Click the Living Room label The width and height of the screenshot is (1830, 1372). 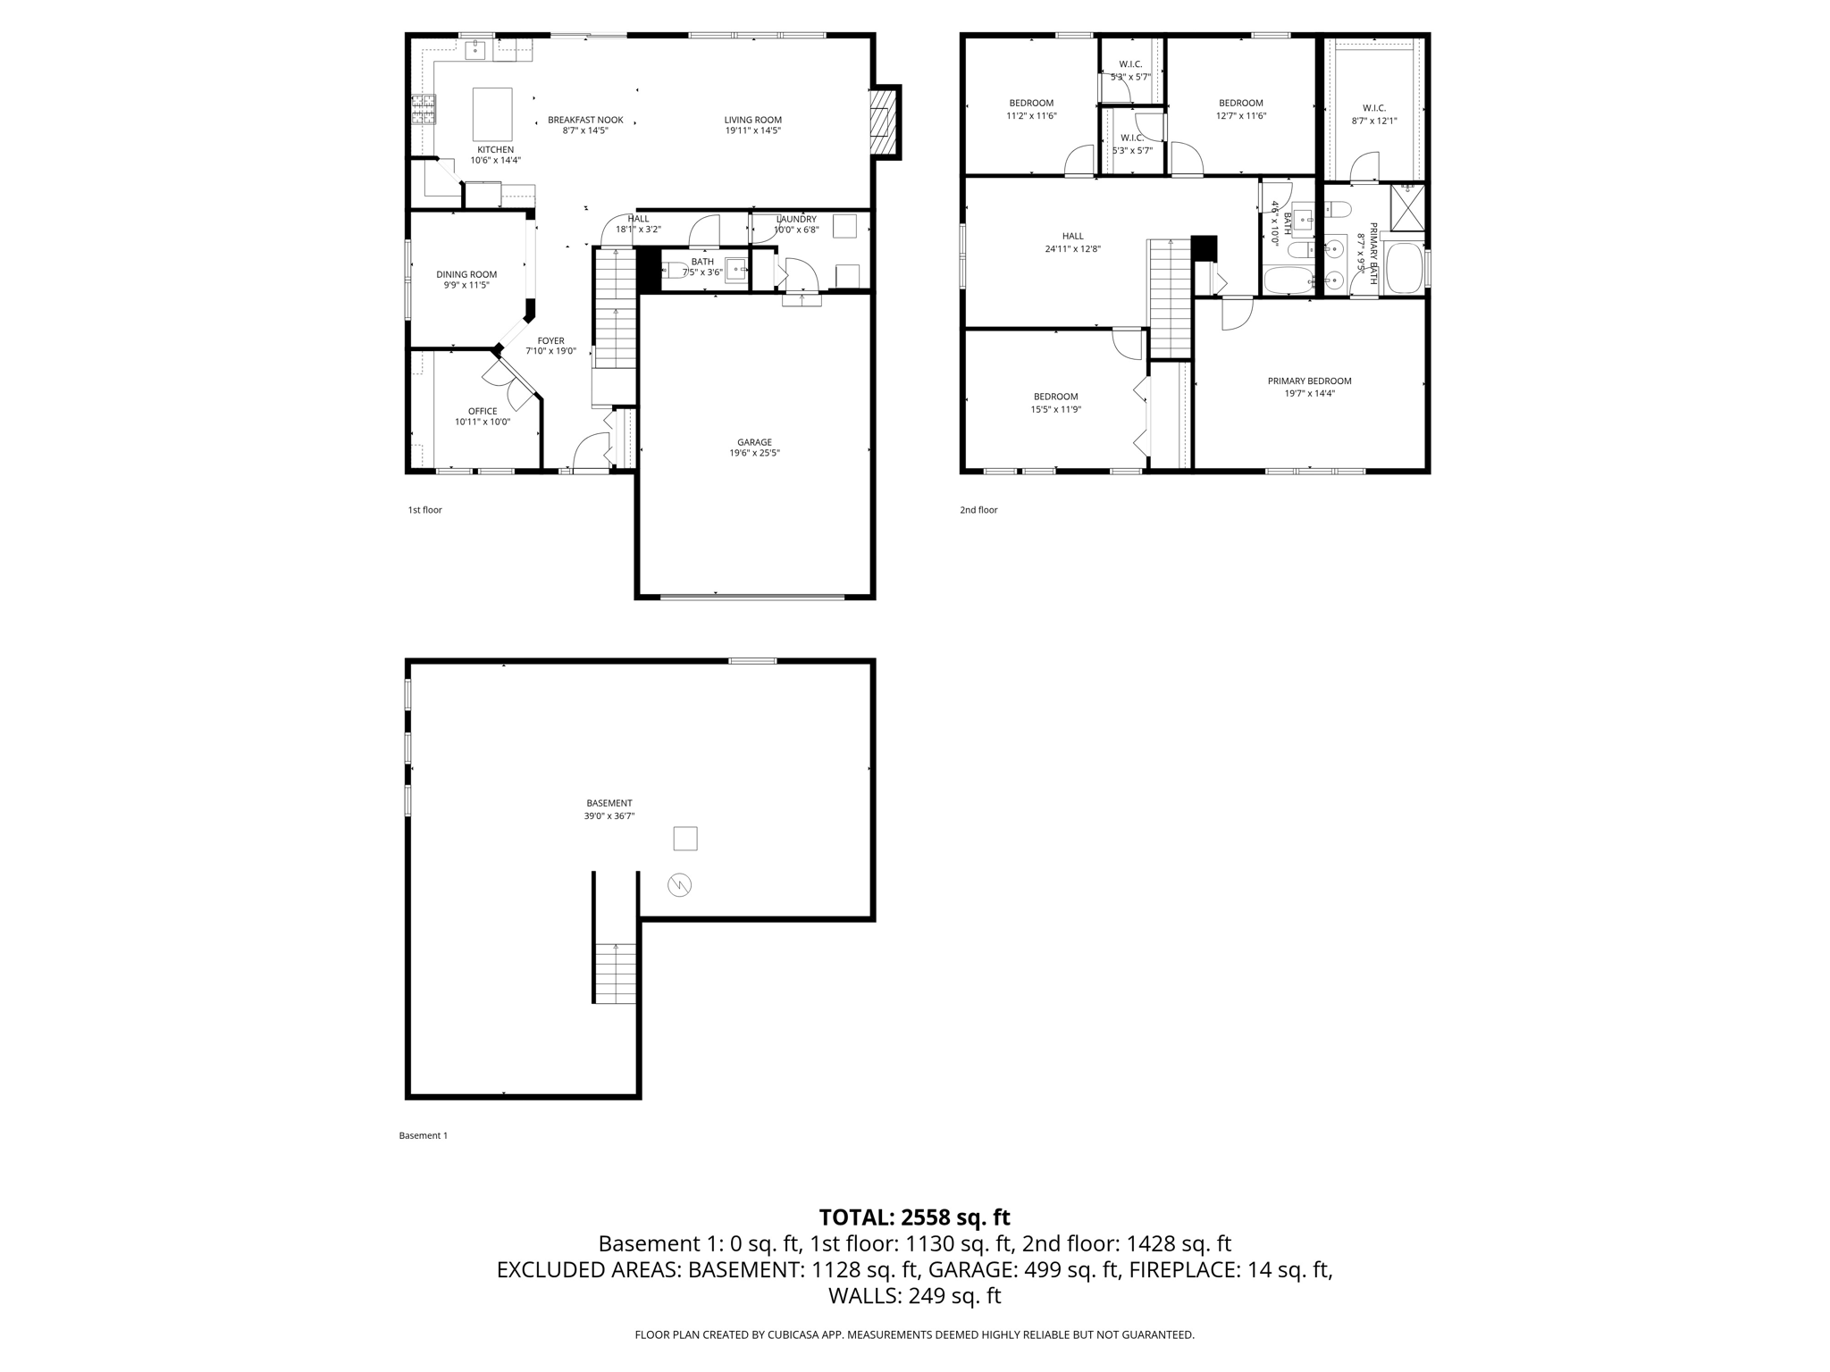752,120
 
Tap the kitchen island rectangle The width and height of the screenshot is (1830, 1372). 492,114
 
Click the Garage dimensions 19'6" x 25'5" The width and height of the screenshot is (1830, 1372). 754,453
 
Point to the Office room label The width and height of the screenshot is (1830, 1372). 483,412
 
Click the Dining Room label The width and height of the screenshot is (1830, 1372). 466,274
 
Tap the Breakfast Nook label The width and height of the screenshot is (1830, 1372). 585,120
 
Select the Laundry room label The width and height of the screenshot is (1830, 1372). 795,219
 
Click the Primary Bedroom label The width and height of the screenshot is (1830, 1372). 1309,381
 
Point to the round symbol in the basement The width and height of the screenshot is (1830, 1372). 679,885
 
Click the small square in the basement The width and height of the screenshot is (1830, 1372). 684,839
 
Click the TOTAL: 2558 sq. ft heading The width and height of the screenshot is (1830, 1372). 914,1217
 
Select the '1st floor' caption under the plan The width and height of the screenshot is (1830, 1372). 425,510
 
